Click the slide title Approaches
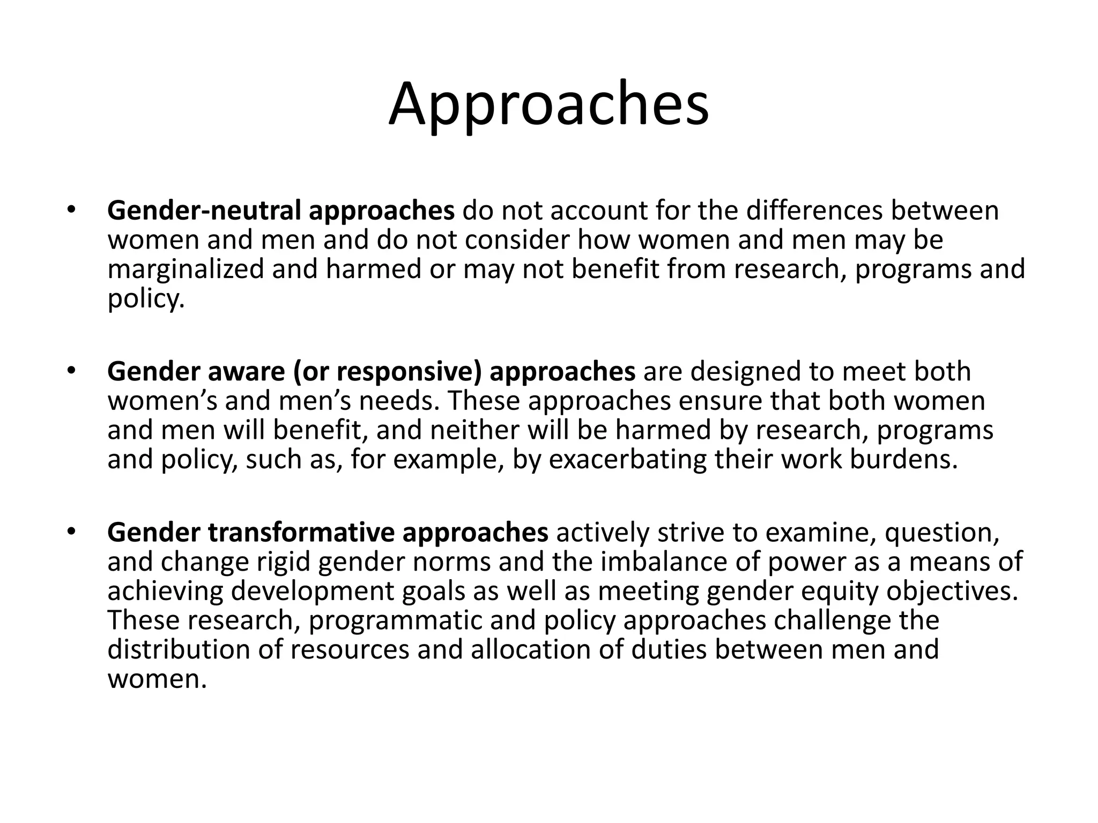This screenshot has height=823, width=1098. tap(548, 105)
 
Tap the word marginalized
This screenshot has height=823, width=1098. tap(186, 270)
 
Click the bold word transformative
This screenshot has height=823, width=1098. tap(301, 533)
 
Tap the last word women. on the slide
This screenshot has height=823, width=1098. tap(157, 679)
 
